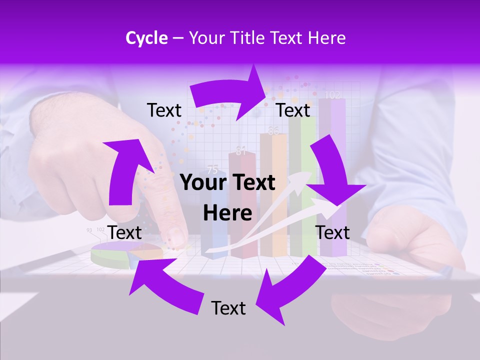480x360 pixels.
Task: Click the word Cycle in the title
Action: (x=146, y=38)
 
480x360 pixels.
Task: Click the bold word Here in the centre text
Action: (x=227, y=213)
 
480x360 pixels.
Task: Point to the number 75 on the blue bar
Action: (x=212, y=169)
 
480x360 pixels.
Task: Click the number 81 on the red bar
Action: (x=241, y=151)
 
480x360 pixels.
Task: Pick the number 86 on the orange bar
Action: (x=273, y=131)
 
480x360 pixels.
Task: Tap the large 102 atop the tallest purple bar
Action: (x=332, y=94)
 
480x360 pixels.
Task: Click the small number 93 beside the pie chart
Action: (x=89, y=230)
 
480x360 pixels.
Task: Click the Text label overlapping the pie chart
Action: (x=124, y=232)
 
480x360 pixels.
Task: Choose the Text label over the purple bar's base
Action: (x=332, y=232)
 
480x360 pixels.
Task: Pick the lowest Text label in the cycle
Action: (x=228, y=308)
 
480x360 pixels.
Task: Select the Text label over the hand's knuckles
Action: (x=164, y=110)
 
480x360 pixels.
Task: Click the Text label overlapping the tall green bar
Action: (x=293, y=110)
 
